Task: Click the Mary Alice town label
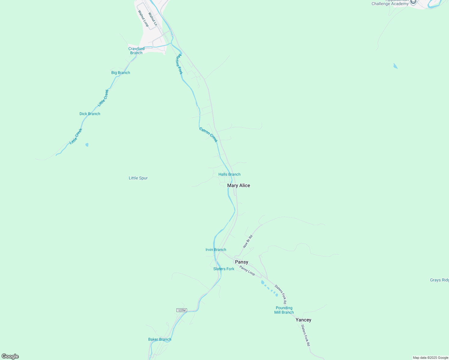pyautogui.click(x=239, y=185)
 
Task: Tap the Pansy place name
pyautogui.click(x=242, y=262)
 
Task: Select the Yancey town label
pyautogui.click(x=303, y=320)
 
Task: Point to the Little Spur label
pyautogui.click(x=138, y=178)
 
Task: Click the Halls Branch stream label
pyautogui.click(x=229, y=174)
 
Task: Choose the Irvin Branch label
pyautogui.click(x=216, y=250)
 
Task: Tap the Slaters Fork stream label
pyautogui.click(x=224, y=269)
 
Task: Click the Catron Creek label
pyautogui.click(x=208, y=135)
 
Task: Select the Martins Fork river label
pyautogui.click(x=179, y=64)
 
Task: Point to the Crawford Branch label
pyautogui.click(x=136, y=51)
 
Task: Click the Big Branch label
pyautogui.click(x=121, y=73)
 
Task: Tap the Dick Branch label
pyautogui.click(x=90, y=114)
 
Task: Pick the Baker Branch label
pyautogui.click(x=160, y=339)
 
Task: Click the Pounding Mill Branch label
pyautogui.click(x=284, y=310)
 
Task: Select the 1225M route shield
pyautogui.click(x=182, y=310)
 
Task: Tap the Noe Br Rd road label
pyautogui.click(x=248, y=241)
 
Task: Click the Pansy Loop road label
pyautogui.click(x=247, y=271)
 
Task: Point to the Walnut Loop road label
pyautogui.click(x=143, y=19)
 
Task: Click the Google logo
pyautogui.click(x=10, y=356)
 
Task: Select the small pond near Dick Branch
pyautogui.click(x=87, y=145)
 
